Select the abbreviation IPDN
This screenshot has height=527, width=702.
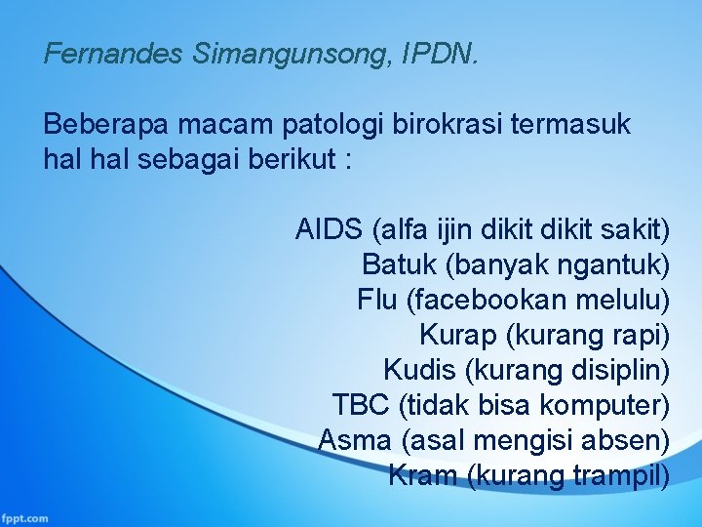[444, 54]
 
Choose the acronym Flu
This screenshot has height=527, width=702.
[376, 299]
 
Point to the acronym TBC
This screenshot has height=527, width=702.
[361, 404]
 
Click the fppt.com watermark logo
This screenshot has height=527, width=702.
[25, 517]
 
